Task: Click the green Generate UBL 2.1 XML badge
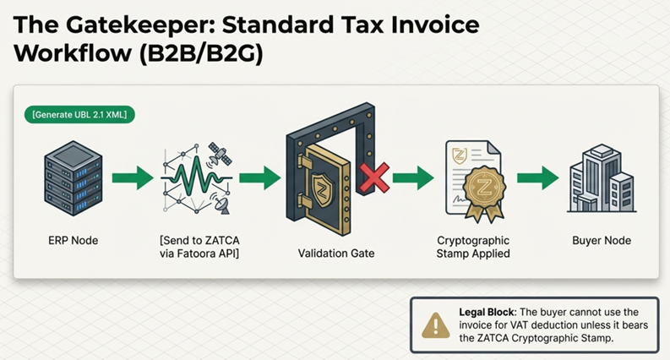79,115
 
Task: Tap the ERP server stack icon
73,177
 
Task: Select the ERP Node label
73,240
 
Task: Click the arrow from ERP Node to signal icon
133,177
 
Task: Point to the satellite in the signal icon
220,154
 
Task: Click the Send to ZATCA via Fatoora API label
199,247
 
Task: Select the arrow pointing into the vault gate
259,177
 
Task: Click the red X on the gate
374,177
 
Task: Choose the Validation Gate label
336,254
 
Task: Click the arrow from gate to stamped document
413,177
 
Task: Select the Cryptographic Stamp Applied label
473,247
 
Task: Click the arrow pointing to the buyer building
537,177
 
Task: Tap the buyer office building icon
602,178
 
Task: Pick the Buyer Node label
602,240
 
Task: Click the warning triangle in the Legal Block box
435,326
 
